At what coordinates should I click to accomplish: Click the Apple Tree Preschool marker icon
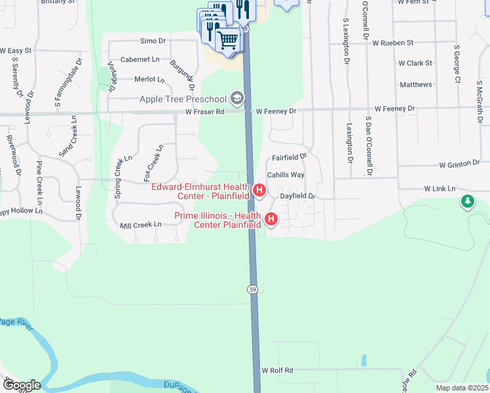(237, 99)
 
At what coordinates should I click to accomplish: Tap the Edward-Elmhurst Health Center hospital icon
(259, 191)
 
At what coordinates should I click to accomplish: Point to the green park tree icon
(467, 202)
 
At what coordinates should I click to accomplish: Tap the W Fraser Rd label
(204, 112)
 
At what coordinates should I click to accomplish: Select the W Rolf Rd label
(278, 370)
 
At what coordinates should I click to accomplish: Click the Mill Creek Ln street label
(141, 225)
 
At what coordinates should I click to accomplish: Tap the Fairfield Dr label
(290, 157)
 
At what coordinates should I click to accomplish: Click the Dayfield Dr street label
(298, 196)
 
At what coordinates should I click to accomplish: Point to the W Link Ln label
(440, 189)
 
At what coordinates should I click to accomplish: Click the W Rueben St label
(393, 43)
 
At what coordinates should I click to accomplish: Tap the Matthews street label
(416, 84)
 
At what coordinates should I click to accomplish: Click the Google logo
(21, 385)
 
